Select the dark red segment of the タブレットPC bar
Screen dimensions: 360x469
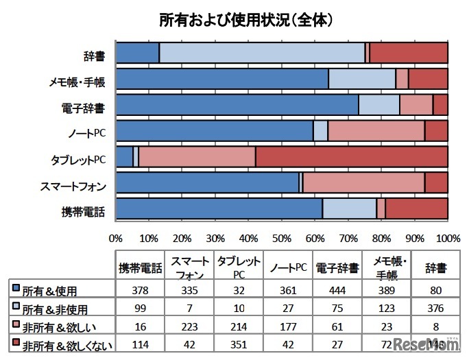pyautogui.click(x=351, y=156)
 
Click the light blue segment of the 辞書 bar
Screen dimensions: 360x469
pyautogui.click(x=262, y=52)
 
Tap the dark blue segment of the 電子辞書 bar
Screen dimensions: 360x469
pyautogui.click(x=237, y=105)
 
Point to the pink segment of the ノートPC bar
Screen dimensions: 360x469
pyautogui.click(x=376, y=130)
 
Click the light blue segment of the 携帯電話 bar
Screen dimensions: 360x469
pyautogui.click(x=349, y=208)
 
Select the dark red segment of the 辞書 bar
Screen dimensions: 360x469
pyautogui.click(x=409, y=52)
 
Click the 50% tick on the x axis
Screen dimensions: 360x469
pyautogui.click(x=282, y=239)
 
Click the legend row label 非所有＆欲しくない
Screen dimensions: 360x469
pyautogui.click(x=58, y=345)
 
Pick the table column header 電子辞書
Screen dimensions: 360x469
pyautogui.click(x=337, y=267)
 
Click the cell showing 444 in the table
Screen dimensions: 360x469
pyautogui.click(x=337, y=289)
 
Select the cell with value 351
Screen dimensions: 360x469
pyautogui.click(x=239, y=345)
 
